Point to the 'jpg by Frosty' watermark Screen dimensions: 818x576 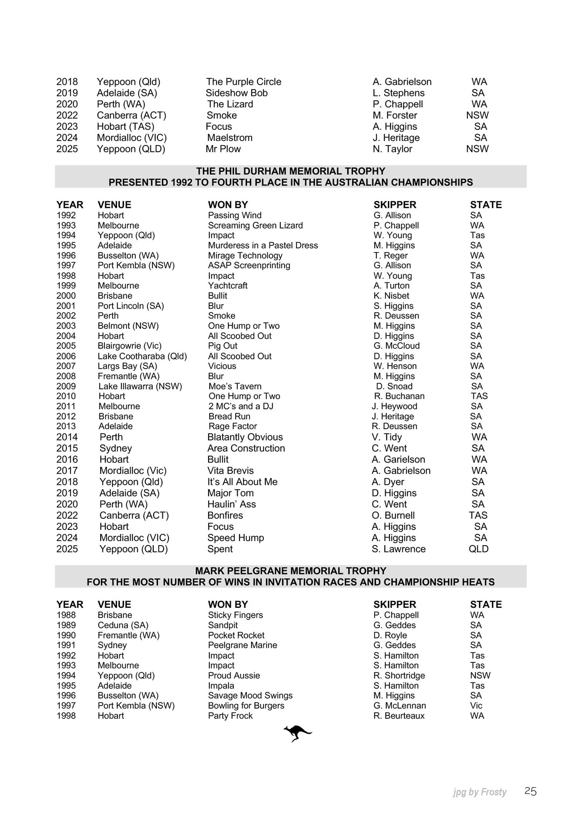point(479,792)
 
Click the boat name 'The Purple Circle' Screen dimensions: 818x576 point(243,82)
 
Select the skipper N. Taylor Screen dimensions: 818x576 point(392,149)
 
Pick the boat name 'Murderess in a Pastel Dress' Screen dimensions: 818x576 point(263,246)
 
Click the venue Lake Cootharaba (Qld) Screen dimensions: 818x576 point(142,356)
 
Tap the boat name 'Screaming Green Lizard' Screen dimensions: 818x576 point(255,226)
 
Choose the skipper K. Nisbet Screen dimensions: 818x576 point(391,296)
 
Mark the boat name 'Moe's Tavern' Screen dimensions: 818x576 point(235,386)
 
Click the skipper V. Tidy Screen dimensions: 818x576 point(387,437)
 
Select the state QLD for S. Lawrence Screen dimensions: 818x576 point(478,549)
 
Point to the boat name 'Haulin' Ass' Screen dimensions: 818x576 point(232,504)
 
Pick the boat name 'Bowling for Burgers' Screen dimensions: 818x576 point(246,706)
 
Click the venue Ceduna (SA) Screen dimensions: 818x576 point(123,625)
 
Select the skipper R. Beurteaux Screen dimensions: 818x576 point(399,716)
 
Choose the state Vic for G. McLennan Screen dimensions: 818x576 point(476,706)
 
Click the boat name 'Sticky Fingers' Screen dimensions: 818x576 point(235,615)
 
